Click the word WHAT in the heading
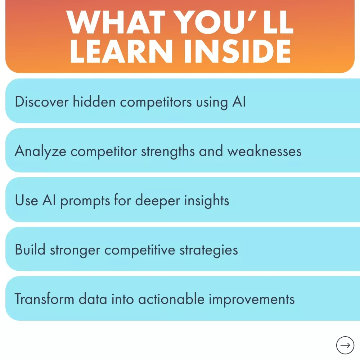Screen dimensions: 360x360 (116, 22)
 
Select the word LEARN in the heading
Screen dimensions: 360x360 (121, 51)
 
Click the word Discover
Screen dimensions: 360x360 (41, 102)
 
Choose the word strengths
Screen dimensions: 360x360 (168, 151)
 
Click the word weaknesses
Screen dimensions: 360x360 (264, 151)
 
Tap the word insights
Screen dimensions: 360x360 (207, 201)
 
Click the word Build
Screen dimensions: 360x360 (30, 249)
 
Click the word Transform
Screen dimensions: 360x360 (44, 299)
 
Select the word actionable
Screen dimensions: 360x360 (171, 299)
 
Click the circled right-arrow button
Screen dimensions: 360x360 (345, 345)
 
